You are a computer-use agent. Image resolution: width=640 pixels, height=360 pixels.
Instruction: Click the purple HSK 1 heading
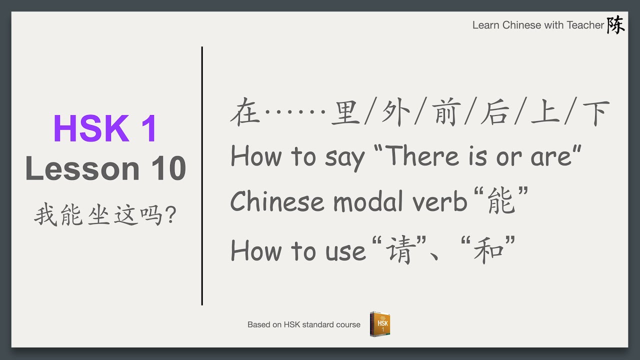click(105, 128)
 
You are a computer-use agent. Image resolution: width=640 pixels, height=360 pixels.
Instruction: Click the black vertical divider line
click(202, 175)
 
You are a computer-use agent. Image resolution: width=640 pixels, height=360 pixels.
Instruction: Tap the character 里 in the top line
click(345, 112)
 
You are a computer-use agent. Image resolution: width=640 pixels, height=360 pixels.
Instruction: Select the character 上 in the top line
click(545, 112)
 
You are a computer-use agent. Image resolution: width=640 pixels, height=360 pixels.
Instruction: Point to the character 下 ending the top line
click(595, 112)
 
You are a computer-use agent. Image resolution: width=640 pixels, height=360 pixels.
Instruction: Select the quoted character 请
click(398, 250)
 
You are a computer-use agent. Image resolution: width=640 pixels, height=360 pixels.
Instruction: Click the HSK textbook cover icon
click(380, 323)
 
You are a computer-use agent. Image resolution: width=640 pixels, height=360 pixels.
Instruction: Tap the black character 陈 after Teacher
click(615, 24)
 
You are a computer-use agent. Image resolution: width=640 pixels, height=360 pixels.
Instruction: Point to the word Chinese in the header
click(521, 25)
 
